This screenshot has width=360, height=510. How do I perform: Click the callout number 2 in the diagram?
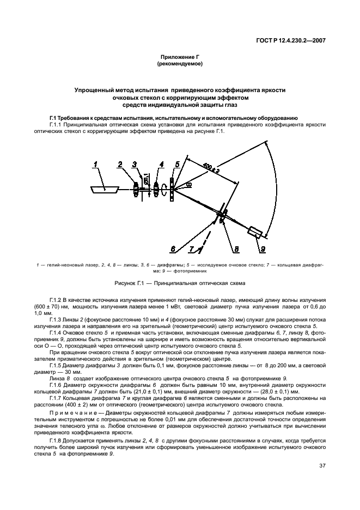tap(119, 163)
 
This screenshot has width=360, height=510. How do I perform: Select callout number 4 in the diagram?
tap(161, 163)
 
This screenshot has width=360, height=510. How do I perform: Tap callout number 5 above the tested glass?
tap(177, 163)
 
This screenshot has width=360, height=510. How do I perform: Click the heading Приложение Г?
tap(179, 57)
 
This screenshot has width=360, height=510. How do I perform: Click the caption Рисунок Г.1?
tap(179, 283)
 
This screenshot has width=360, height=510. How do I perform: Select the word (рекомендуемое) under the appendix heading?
tap(179, 64)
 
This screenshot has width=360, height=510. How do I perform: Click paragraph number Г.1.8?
tap(57, 441)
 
